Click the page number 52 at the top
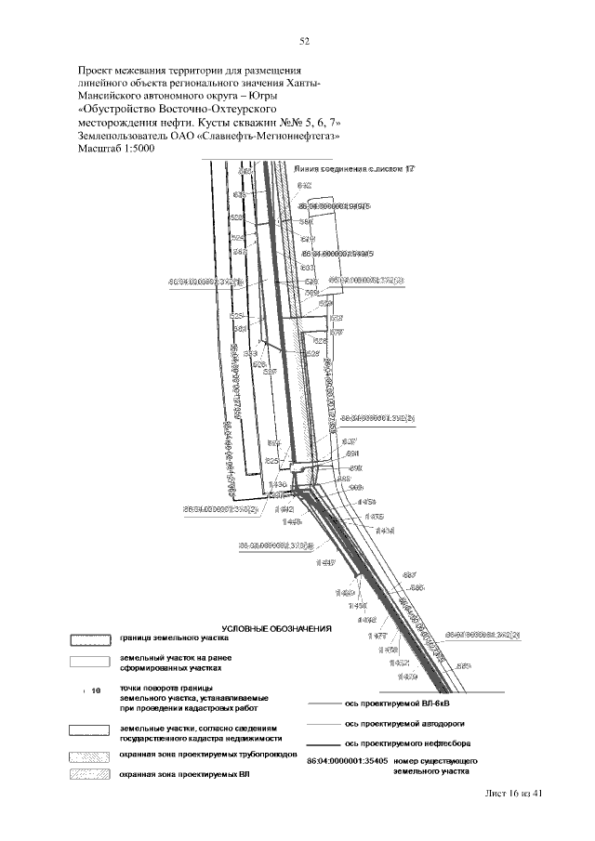[304, 41]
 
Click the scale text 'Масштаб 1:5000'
[115, 148]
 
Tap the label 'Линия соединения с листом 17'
[352, 171]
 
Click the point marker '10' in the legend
[94, 691]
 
